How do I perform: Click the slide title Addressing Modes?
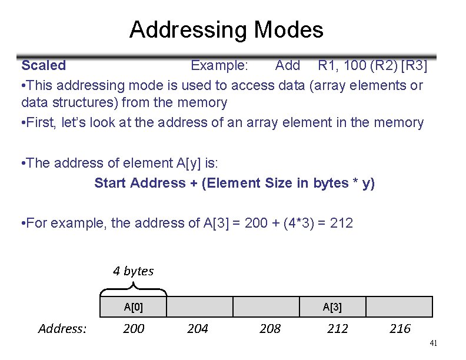[226, 29]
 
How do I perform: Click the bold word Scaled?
[44, 65]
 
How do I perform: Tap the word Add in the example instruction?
[288, 65]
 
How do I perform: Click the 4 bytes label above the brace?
[133, 271]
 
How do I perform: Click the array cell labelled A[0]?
[134, 306]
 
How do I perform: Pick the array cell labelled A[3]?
[332, 306]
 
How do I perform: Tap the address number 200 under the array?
[134, 328]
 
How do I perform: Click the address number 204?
[198, 328]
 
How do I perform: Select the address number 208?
[270, 328]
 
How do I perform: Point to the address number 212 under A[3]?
[338, 328]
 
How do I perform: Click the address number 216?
[400, 328]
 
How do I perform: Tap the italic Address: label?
[62, 328]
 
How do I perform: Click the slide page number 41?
[434, 343]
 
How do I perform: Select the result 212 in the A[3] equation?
[342, 223]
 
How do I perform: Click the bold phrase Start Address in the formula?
[139, 183]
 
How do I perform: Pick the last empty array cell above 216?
[400, 306]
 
